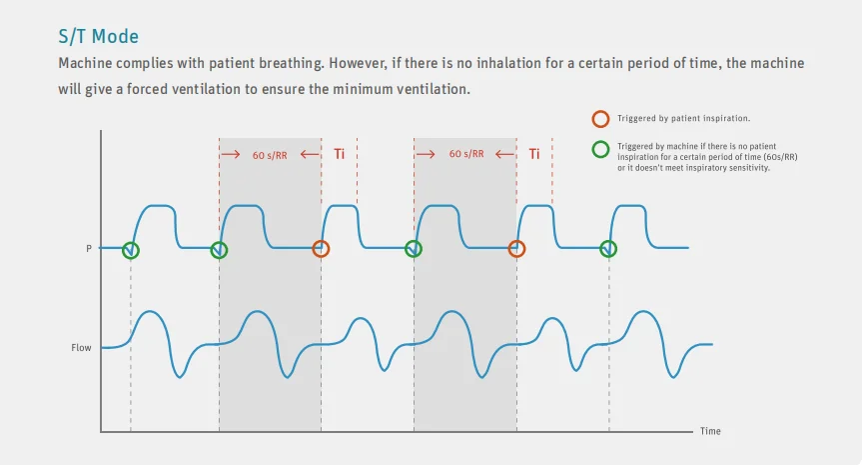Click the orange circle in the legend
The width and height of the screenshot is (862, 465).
[599, 118]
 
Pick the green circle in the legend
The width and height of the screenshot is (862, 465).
[599, 149]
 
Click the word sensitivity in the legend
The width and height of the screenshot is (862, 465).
[748, 167]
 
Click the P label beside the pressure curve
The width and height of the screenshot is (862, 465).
[90, 248]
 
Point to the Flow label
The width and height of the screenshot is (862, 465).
[82, 348]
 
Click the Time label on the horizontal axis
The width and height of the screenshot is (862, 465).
[709, 431]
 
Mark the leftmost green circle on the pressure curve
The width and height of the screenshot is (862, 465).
[131, 250]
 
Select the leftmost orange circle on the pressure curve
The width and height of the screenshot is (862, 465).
[321, 249]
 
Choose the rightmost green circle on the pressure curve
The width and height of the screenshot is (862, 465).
[608, 249]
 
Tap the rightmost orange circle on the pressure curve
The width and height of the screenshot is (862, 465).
[516, 249]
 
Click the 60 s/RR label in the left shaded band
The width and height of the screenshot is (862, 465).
[271, 155]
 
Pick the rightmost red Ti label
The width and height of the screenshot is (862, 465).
[534, 154]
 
